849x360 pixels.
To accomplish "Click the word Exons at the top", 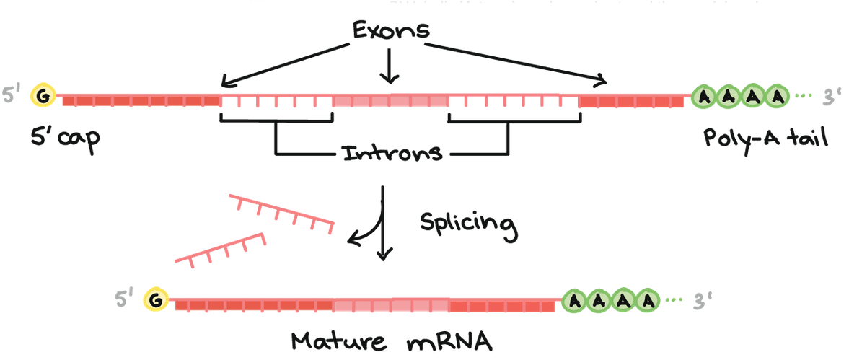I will pyautogui.click(x=390, y=30).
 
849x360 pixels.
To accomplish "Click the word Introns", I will pyautogui.click(x=392, y=154).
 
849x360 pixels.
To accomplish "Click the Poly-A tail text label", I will pyautogui.click(x=765, y=136).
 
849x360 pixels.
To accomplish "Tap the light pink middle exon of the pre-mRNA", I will pyautogui.click(x=390, y=101).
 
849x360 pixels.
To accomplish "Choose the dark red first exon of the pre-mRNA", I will pyautogui.click(x=141, y=100).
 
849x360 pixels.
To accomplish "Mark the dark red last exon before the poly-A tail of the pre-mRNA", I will pyautogui.click(x=631, y=100).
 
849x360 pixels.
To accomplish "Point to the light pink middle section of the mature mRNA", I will pyautogui.click(x=392, y=304).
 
